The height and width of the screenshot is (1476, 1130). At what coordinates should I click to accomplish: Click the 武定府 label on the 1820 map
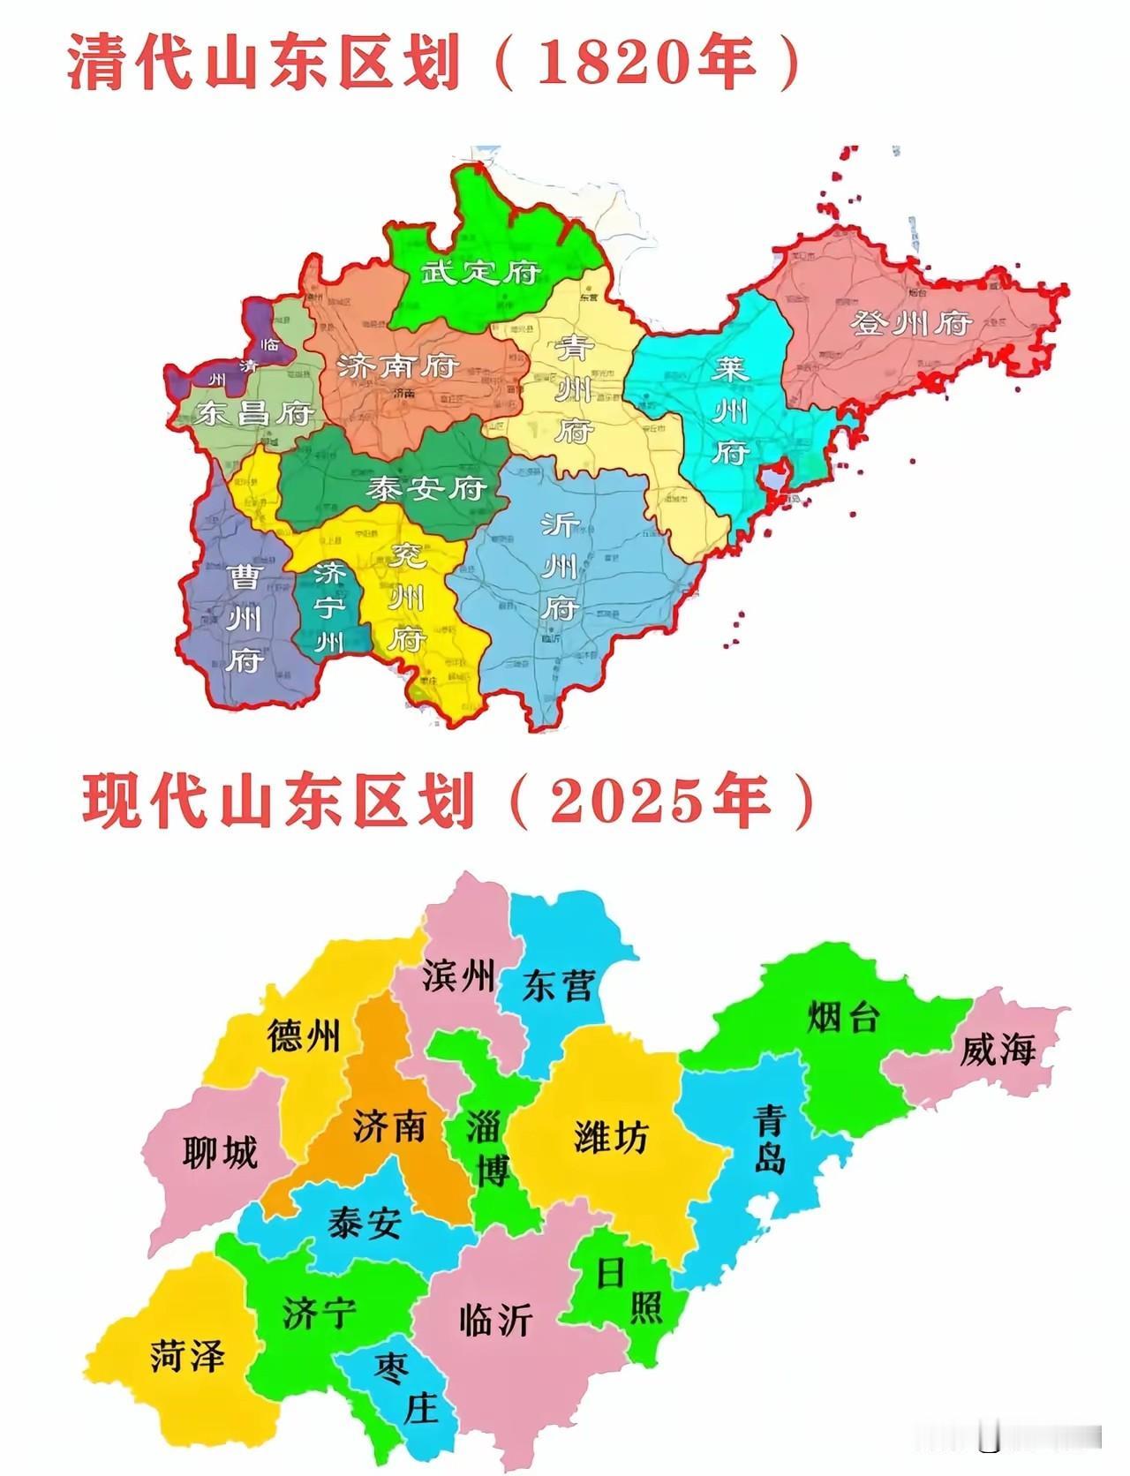[x=480, y=271]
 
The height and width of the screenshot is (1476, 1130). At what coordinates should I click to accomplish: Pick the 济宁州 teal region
[x=328, y=609]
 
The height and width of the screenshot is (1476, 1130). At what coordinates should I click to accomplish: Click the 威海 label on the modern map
[x=997, y=1051]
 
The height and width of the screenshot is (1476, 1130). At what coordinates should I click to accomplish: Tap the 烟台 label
[x=843, y=1018]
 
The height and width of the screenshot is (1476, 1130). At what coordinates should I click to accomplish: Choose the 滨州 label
[x=458, y=976]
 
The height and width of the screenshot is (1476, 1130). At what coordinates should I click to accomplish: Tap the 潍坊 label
[x=611, y=1136]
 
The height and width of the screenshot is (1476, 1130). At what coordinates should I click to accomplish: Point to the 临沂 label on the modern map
[x=496, y=1320]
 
